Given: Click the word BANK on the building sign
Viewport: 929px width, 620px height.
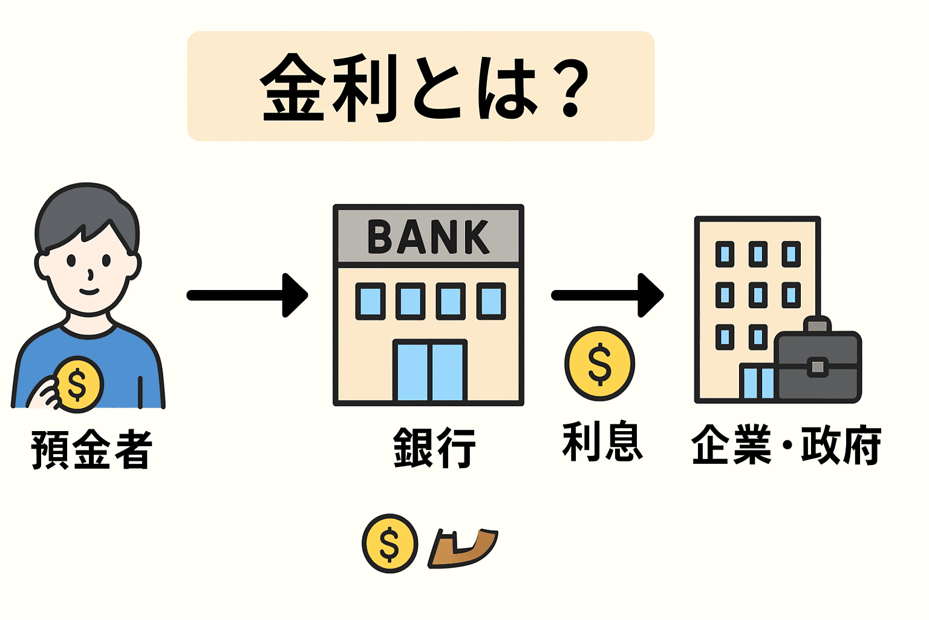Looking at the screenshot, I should (428, 237).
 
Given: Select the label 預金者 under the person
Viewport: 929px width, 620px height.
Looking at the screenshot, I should (91, 449).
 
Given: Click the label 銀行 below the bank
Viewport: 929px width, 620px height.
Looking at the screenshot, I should (434, 447).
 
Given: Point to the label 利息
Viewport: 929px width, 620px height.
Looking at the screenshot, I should (602, 443).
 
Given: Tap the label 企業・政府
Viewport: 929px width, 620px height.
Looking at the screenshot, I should (786, 445).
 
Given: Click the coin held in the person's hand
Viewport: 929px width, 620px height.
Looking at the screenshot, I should (78, 384).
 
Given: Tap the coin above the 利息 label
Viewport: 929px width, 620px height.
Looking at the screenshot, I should (599, 364).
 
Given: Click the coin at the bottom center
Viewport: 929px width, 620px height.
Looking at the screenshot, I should (390, 543).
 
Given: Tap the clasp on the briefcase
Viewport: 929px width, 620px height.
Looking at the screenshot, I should (817, 367).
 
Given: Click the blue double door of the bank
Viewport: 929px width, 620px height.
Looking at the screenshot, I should (430, 371).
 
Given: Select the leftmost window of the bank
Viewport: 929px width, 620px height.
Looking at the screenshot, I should (370, 301).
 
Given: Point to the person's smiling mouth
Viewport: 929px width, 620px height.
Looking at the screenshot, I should (89, 291).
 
